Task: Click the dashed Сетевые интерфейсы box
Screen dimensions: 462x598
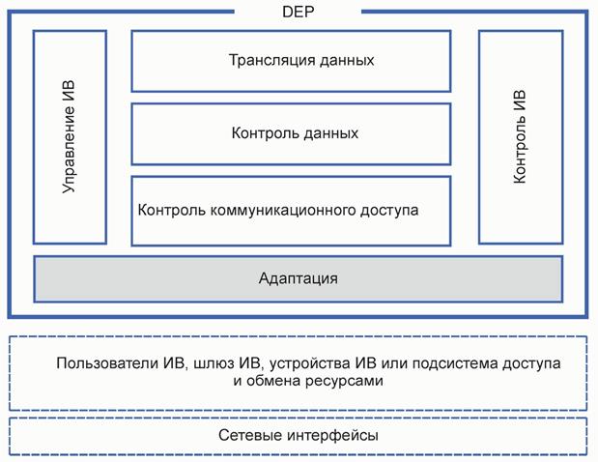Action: pyautogui.click(x=299, y=436)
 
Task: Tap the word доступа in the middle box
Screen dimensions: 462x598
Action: pyautogui.click(x=392, y=209)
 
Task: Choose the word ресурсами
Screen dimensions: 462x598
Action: pyautogui.click(x=347, y=381)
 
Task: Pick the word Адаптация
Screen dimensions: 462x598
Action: pyautogui.click(x=299, y=278)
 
